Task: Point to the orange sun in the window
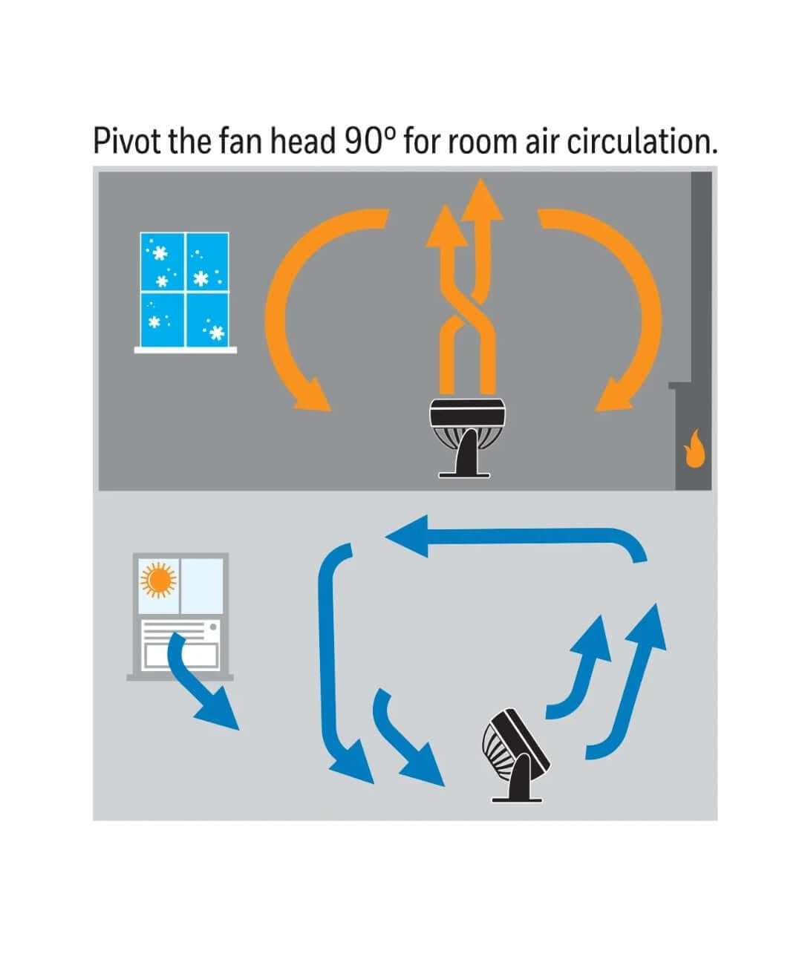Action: [158, 578]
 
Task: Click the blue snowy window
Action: [185, 290]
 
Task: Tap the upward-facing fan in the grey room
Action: [468, 434]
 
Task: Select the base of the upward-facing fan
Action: [465, 471]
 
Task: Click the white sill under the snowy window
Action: [186, 350]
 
